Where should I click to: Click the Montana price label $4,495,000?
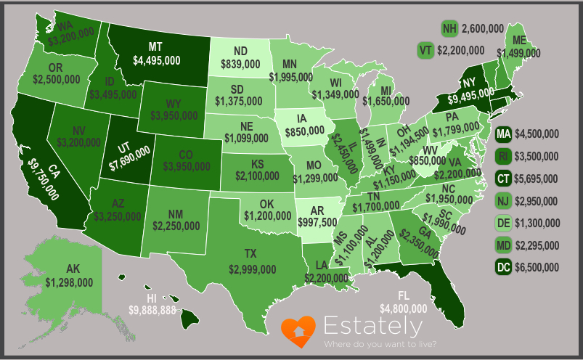tap(156, 62)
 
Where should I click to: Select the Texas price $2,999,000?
tap(252, 269)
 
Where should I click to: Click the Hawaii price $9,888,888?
tap(152, 310)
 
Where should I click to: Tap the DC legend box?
tap(502, 268)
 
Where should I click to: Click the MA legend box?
tap(502, 134)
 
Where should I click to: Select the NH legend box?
tap(450, 28)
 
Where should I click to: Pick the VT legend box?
tap(426, 50)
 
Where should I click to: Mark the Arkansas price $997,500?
tap(318, 221)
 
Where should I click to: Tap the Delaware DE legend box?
tap(502, 224)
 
